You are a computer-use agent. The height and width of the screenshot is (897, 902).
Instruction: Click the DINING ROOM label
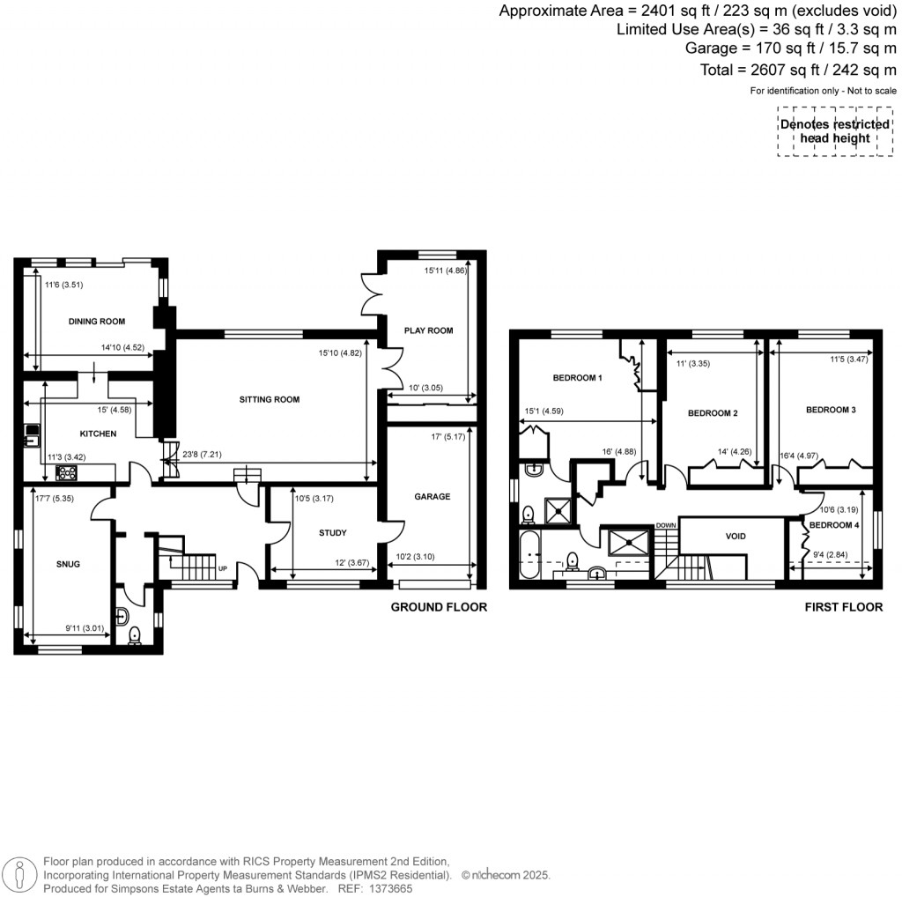click(97, 322)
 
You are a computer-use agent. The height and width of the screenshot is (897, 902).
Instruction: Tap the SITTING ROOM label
click(270, 399)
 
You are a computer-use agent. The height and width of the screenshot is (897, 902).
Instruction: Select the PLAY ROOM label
click(428, 330)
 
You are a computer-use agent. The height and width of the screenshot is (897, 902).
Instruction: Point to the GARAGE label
click(432, 496)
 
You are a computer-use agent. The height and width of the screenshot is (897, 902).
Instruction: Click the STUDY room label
click(332, 532)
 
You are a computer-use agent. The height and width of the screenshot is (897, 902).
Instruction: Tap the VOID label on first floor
click(736, 536)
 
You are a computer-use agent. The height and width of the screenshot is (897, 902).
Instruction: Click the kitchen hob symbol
click(66, 473)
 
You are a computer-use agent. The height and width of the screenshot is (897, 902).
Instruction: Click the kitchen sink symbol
click(33, 433)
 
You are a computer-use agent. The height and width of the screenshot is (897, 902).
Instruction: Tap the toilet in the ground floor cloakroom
click(135, 634)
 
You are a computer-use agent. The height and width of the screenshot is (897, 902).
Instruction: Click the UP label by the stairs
click(223, 568)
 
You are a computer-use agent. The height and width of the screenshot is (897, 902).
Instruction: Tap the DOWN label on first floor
click(665, 525)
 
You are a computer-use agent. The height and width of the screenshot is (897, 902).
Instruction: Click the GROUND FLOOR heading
click(438, 607)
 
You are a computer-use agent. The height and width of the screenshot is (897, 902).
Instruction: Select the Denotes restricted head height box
click(835, 131)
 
